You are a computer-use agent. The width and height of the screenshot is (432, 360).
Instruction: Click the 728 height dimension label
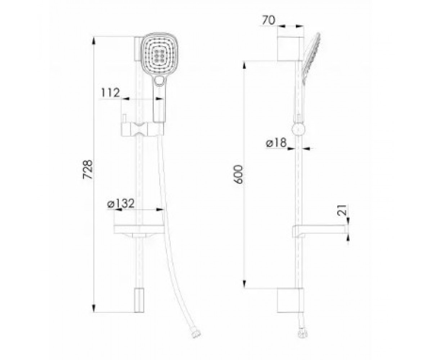[87, 169]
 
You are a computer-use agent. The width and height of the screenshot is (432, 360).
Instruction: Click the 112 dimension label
[111, 93]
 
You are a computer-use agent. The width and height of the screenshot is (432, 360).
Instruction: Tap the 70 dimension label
[269, 20]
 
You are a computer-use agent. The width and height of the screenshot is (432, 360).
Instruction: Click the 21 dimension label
[342, 210]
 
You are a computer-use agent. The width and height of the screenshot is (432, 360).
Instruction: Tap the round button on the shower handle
[160, 81]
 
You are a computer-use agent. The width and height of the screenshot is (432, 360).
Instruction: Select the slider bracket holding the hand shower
[143, 129]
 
